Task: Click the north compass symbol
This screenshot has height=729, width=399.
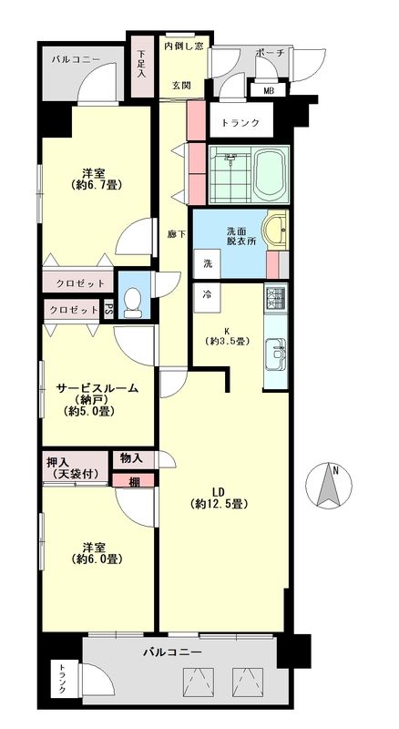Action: tap(329, 486)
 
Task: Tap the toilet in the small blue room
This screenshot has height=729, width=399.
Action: tap(134, 303)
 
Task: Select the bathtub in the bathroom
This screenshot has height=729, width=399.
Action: tap(271, 175)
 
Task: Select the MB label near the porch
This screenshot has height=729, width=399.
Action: tap(269, 90)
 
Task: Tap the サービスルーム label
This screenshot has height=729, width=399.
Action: tap(97, 388)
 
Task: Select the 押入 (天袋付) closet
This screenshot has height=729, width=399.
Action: tap(75, 467)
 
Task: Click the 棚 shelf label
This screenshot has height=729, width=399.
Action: tap(134, 482)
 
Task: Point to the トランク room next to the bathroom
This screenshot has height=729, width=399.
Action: tap(240, 123)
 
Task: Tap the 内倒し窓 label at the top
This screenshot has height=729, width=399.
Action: tap(183, 46)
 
